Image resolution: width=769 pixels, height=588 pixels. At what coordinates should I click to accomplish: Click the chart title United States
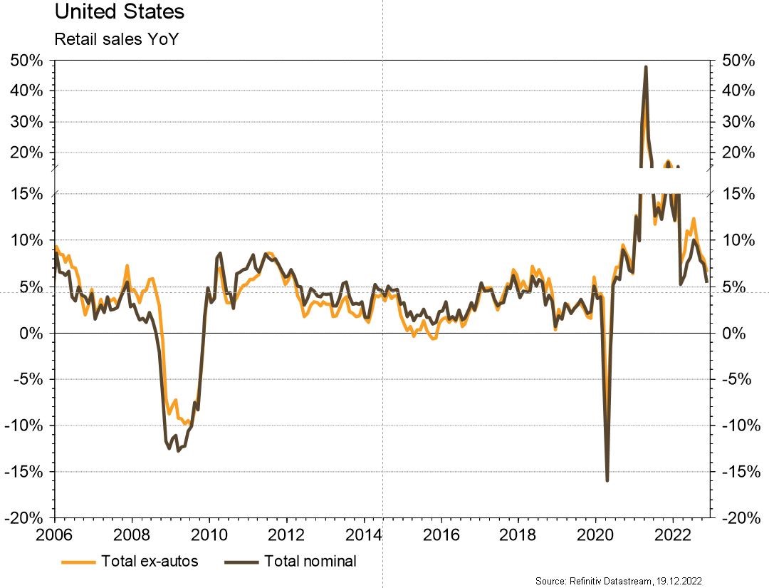coord(119,12)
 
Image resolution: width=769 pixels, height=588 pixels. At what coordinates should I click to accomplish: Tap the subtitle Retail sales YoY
coord(115,38)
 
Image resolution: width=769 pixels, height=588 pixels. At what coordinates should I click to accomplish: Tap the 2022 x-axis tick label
coord(674,534)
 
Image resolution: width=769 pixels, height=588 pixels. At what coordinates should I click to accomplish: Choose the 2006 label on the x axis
coord(55,534)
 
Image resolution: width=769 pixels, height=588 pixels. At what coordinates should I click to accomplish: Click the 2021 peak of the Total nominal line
coord(645,67)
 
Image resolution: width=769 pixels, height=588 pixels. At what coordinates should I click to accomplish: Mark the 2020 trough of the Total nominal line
coord(607,480)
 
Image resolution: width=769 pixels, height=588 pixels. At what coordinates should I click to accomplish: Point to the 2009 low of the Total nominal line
coord(178,451)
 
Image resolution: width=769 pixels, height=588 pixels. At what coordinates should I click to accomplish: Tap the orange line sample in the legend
coord(78,562)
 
